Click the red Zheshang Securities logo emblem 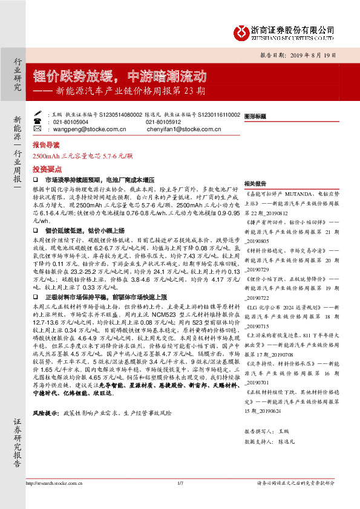243,29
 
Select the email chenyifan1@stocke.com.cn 182,129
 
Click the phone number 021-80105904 71,121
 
